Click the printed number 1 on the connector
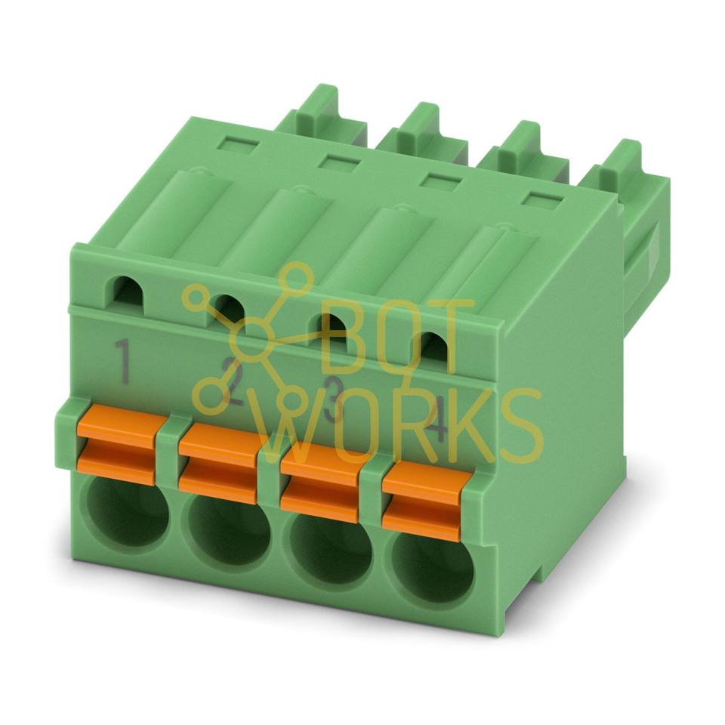pyautogui.click(x=123, y=361)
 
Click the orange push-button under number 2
pyautogui.click(x=219, y=463)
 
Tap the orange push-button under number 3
pyautogui.click(x=321, y=483)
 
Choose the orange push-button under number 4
pyautogui.click(x=423, y=501)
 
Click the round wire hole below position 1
pyautogui.click(x=128, y=512)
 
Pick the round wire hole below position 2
pyautogui.click(x=230, y=532)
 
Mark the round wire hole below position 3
pyautogui.click(x=331, y=551)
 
